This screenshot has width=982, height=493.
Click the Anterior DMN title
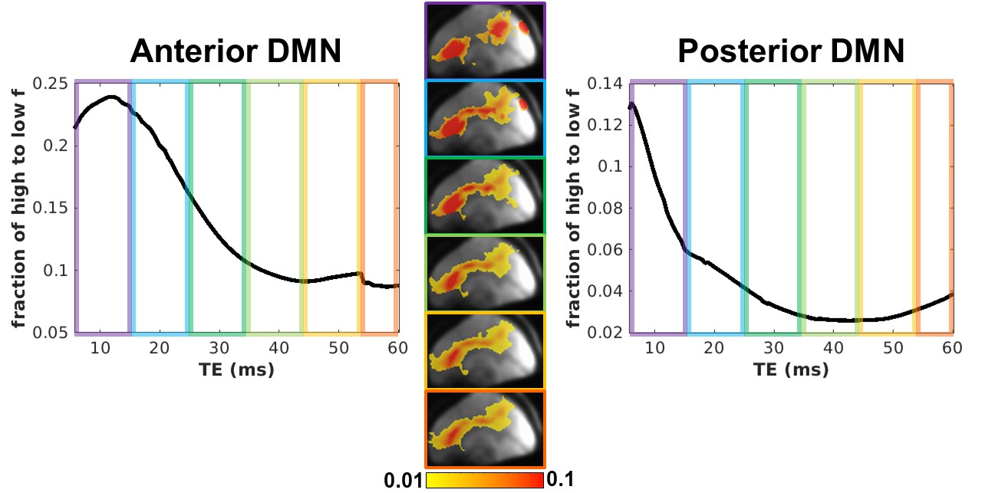pos(236,52)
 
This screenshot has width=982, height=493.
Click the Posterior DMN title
pos(791,52)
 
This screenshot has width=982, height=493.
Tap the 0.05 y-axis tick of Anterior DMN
pos(54,334)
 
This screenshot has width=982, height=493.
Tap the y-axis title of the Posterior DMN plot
pos(572,207)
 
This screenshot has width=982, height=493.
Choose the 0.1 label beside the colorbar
pos(560,479)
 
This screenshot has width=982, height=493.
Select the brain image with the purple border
pos(485,40)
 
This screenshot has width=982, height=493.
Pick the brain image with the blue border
pos(485,117)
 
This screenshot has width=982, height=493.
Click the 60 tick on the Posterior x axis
pos(951,347)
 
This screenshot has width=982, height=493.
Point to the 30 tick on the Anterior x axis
pos(218,347)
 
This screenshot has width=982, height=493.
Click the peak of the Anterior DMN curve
pos(111,97)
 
